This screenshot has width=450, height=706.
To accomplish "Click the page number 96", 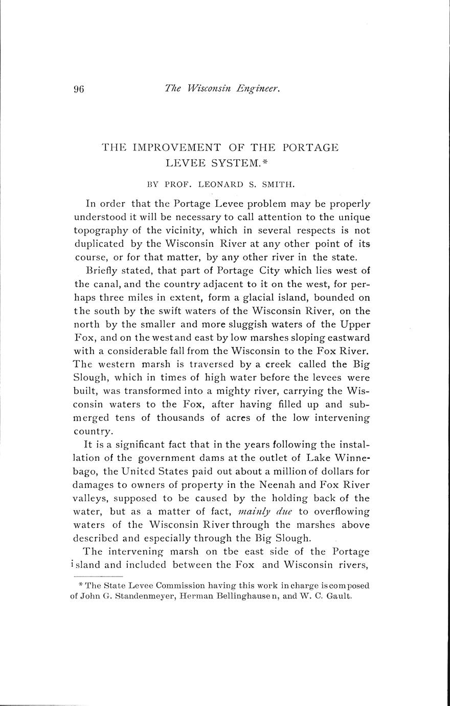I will (x=79, y=89).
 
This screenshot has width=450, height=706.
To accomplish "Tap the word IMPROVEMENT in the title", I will (x=176, y=147).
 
